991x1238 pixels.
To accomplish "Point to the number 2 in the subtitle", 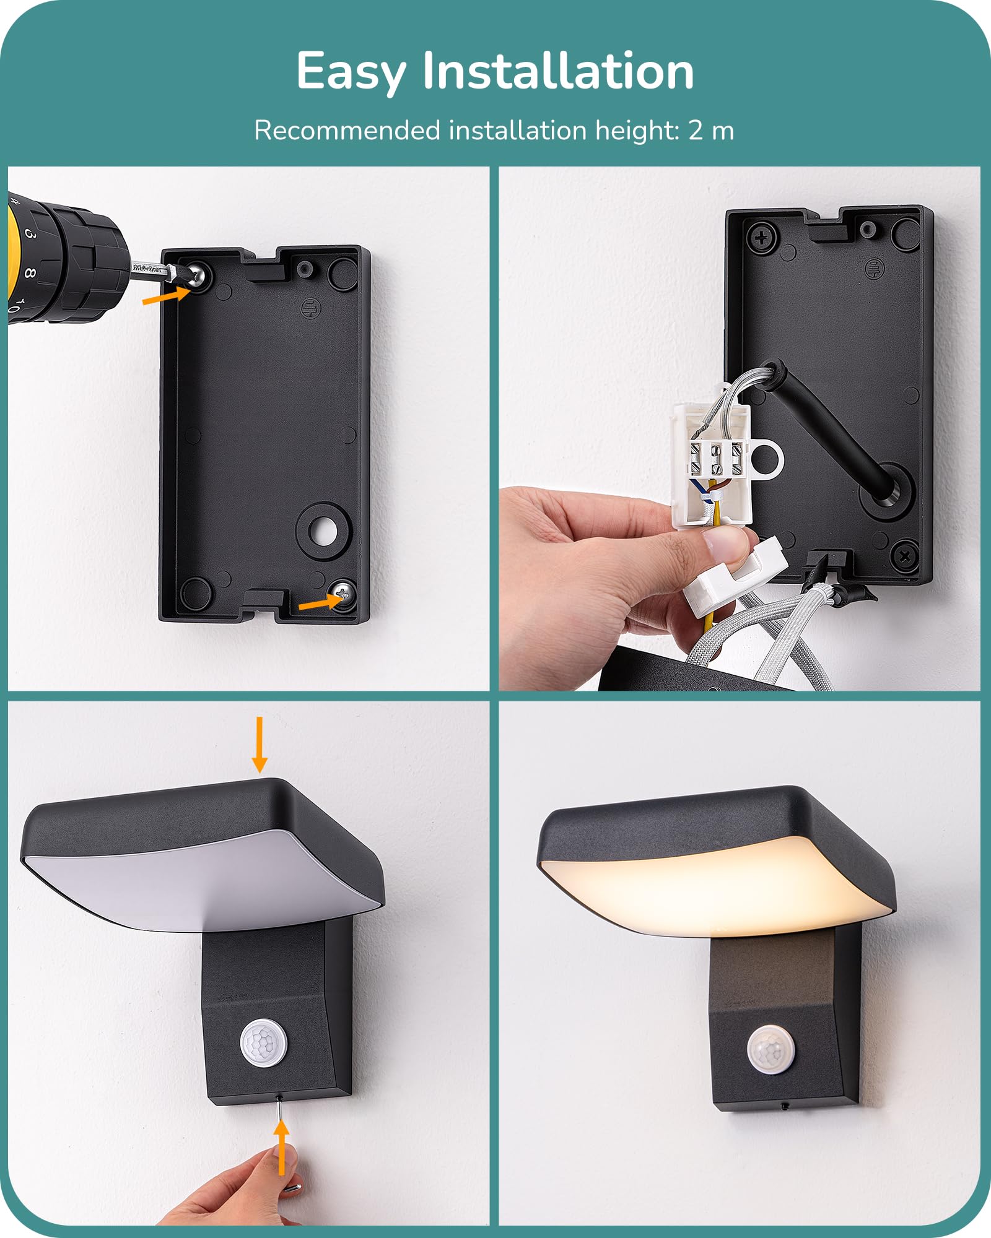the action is click(x=696, y=131).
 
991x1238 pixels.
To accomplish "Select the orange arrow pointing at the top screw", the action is click(x=166, y=295).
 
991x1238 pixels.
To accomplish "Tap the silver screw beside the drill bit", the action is click(x=198, y=274).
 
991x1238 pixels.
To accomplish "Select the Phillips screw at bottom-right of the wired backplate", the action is click(x=904, y=556).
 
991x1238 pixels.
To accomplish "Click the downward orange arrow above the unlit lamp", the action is click(x=260, y=745).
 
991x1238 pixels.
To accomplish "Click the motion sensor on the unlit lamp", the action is click(x=264, y=1044).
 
